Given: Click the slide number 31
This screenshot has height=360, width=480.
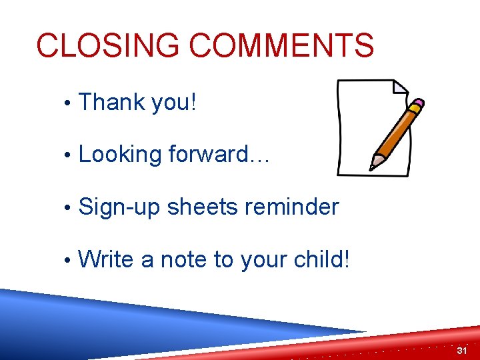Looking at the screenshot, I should pyautogui.click(x=463, y=351).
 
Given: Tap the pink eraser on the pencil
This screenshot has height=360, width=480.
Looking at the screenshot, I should pyautogui.click(x=418, y=105).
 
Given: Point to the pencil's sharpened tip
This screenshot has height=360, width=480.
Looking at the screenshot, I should pyautogui.click(x=374, y=165).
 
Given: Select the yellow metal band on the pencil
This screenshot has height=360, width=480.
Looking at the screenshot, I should pyautogui.click(x=411, y=111).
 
